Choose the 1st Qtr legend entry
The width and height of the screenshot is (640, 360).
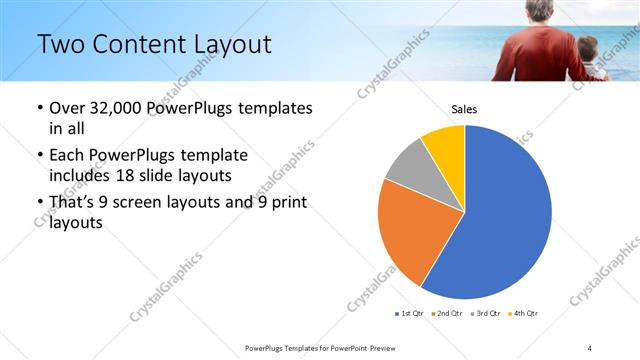[409, 314]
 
